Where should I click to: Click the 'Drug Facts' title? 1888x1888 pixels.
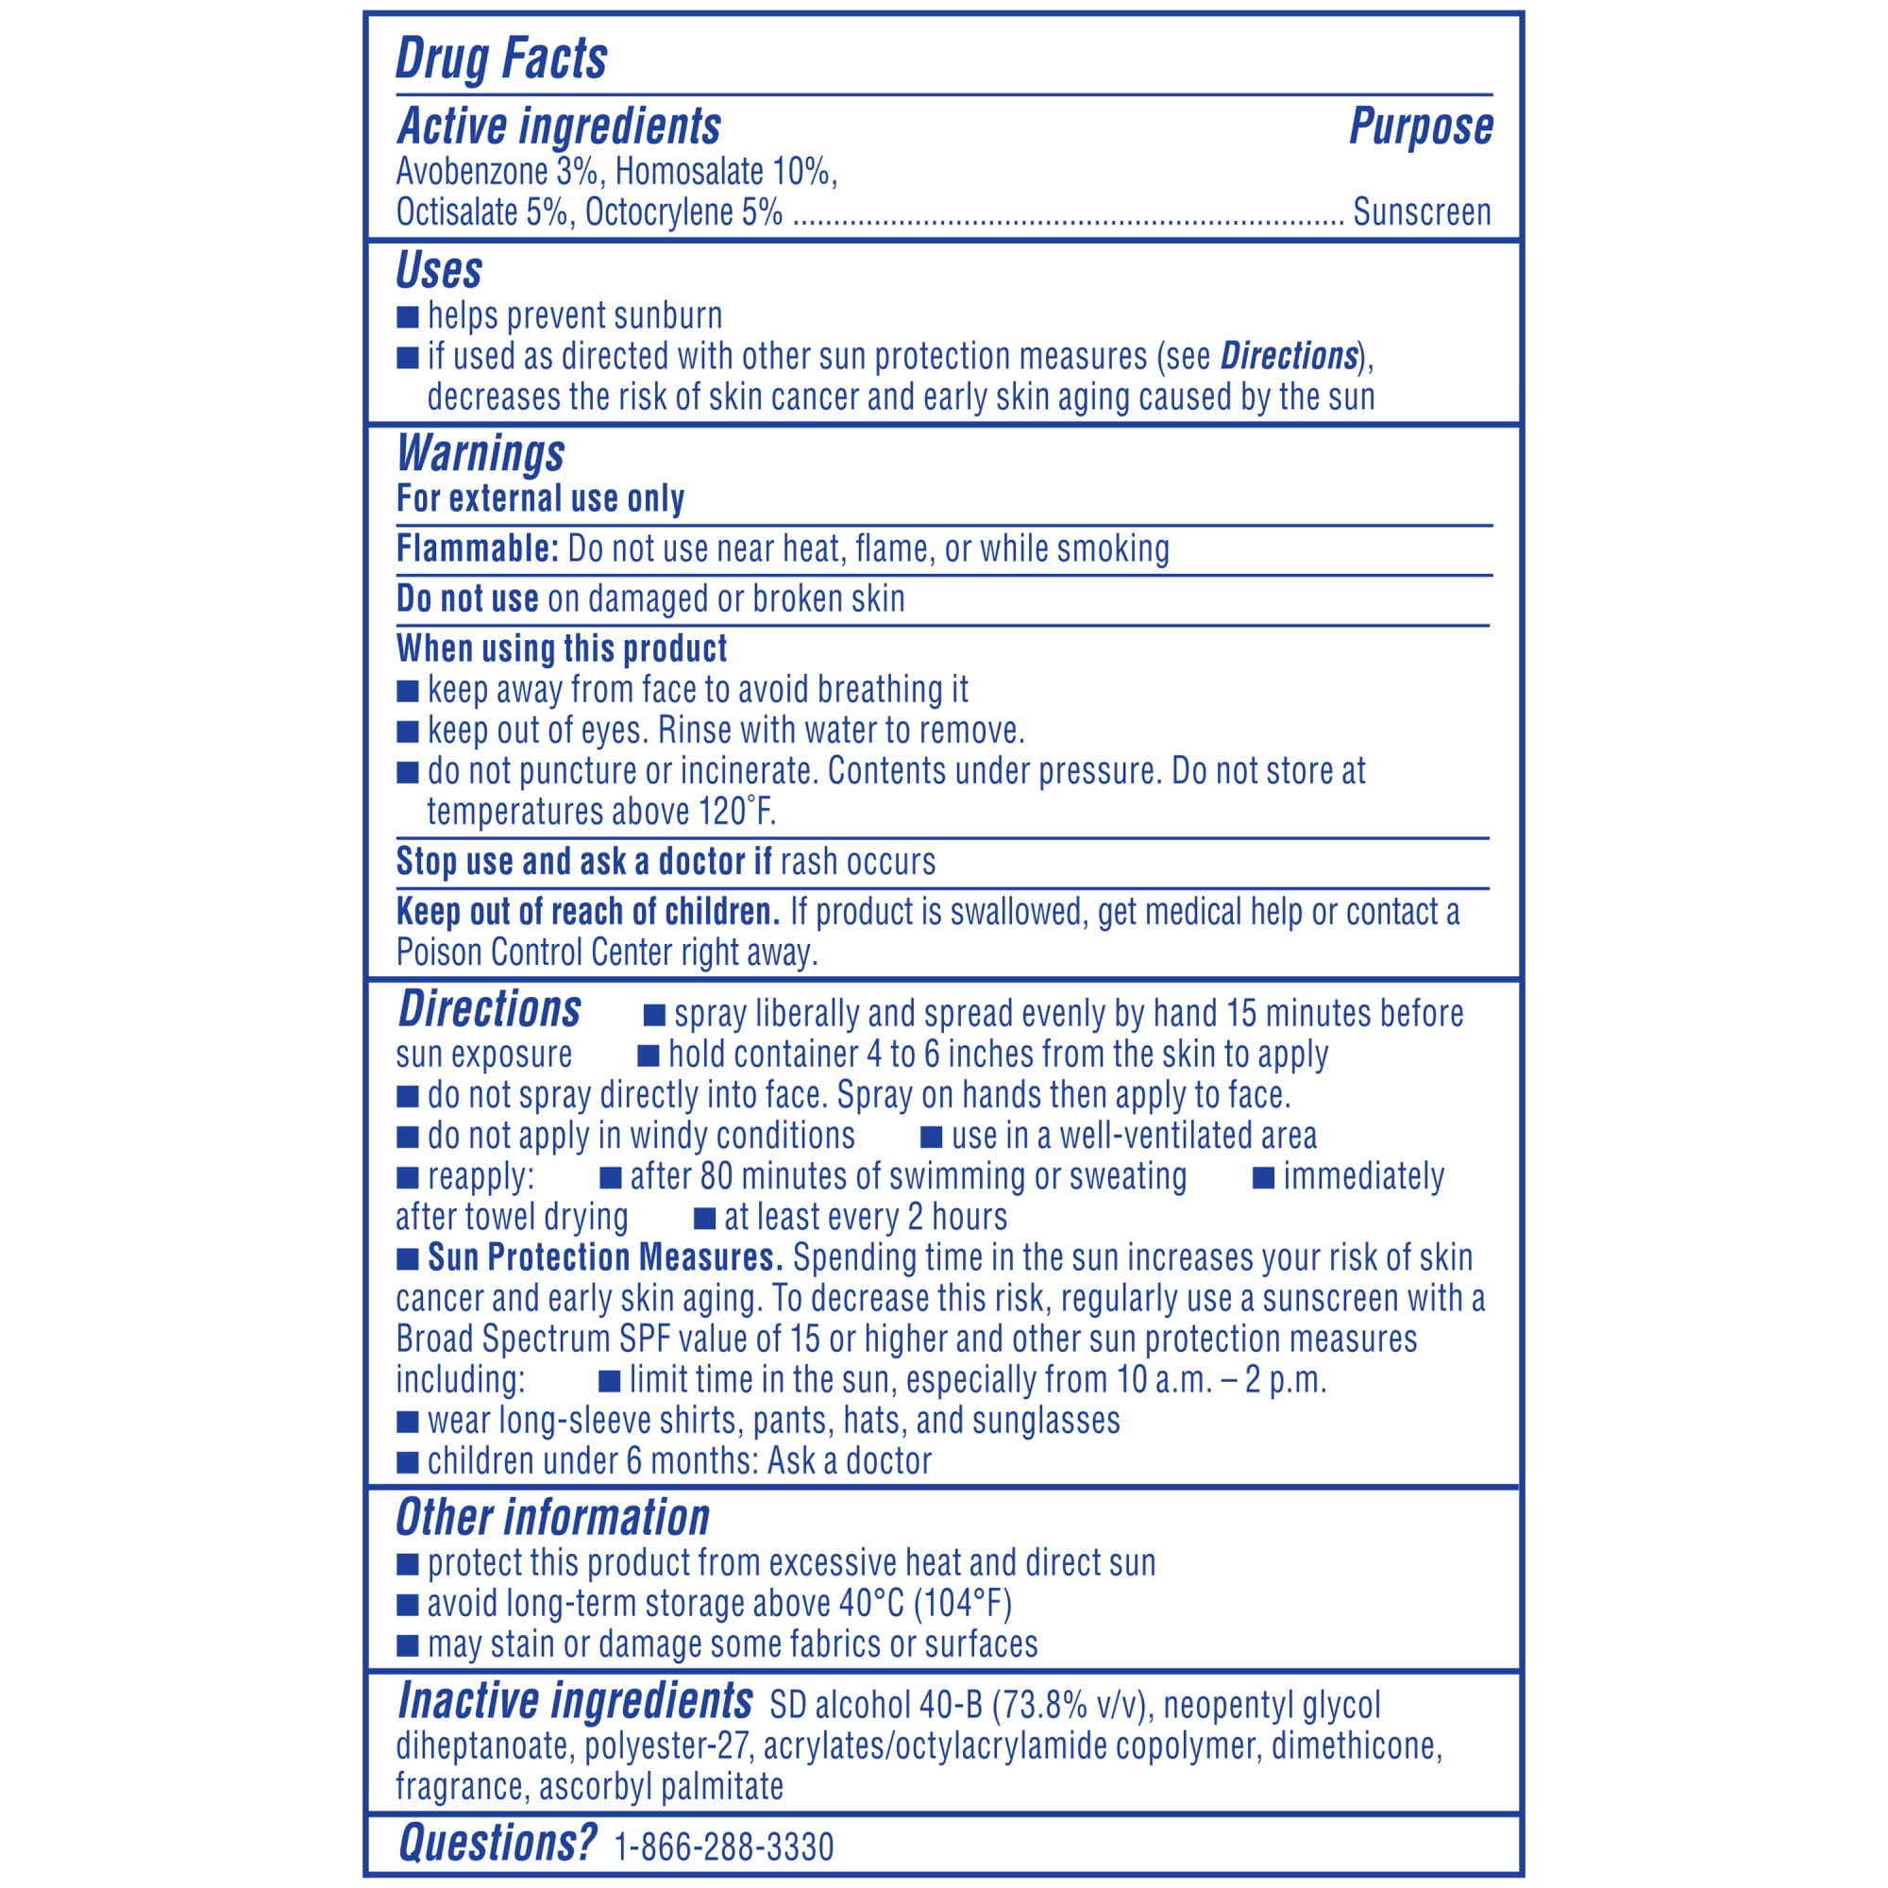[x=500, y=58]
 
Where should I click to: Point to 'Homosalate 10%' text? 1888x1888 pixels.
[x=725, y=172]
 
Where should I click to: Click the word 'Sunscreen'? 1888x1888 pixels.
[x=1421, y=212]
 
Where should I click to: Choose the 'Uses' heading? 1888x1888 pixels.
[x=439, y=270]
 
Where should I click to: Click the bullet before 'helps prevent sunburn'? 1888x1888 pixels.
[x=408, y=316]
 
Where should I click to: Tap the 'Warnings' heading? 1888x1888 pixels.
[x=480, y=452]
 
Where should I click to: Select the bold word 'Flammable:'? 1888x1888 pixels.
[x=477, y=549]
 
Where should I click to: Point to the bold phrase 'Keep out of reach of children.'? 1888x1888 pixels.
[x=587, y=912]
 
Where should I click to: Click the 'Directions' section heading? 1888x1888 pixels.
[x=490, y=1009]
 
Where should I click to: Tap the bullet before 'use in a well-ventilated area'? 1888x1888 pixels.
[x=932, y=1137]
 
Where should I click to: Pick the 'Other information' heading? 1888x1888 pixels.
[x=552, y=1518]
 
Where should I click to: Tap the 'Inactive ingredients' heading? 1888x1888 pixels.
[x=575, y=1700]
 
